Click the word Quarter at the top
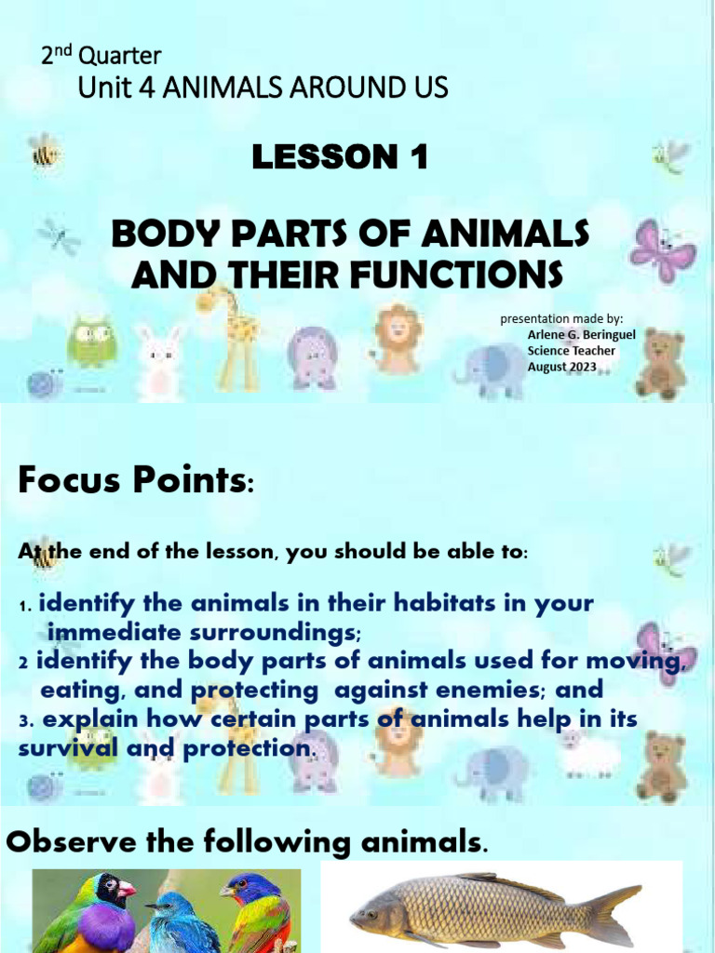(120, 56)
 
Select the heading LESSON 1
(340, 158)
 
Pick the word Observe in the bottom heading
(72, 843)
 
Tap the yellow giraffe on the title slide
(236, 336)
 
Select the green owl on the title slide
(91, 342)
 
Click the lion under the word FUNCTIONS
(398, 334)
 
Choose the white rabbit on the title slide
(160, 361)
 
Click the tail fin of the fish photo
(615, 914)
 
